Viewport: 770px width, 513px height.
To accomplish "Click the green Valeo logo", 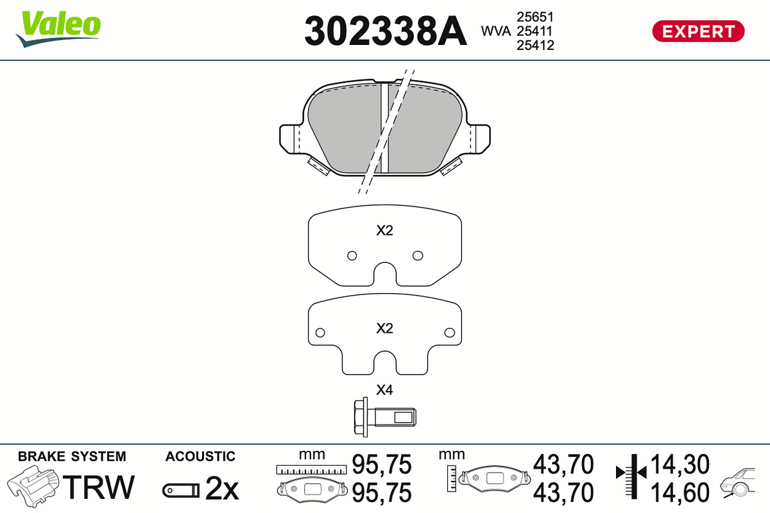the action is [58, 28].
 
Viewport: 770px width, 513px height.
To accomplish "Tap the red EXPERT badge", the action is [698, 31].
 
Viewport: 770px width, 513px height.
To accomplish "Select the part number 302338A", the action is [386, 31].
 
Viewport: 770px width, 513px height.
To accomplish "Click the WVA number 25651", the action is [535, 17].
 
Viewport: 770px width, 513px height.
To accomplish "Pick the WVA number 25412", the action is [535, 45].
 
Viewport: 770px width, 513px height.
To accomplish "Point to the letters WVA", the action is [495, 31].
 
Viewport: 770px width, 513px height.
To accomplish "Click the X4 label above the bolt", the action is [384, 390].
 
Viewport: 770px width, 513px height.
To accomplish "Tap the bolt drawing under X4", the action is [384, 417].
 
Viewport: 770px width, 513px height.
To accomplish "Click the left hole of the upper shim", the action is [352, 256].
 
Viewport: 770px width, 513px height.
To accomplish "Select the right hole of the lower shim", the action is [450, 332].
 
